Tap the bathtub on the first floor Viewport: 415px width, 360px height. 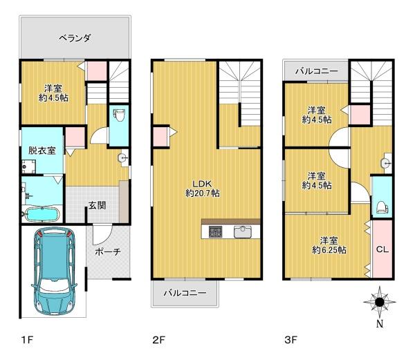41,214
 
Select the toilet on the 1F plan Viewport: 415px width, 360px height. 119,115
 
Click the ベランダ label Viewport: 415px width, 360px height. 75,38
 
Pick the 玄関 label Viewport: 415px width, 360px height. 97,205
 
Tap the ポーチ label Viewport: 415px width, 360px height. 108,252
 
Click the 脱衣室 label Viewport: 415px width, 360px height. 42,151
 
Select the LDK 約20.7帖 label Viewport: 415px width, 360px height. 203,189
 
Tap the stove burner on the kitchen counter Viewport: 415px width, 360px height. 215,231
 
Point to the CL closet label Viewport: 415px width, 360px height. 382,249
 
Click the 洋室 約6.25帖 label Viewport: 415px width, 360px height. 329,245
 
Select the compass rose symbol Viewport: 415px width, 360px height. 380,302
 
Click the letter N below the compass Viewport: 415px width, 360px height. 380,324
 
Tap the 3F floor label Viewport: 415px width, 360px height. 290,340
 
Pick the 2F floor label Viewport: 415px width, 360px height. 159,340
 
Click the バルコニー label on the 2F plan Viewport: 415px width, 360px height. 185,293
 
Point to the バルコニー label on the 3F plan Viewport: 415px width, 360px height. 317,71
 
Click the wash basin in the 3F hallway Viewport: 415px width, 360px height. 386,163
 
